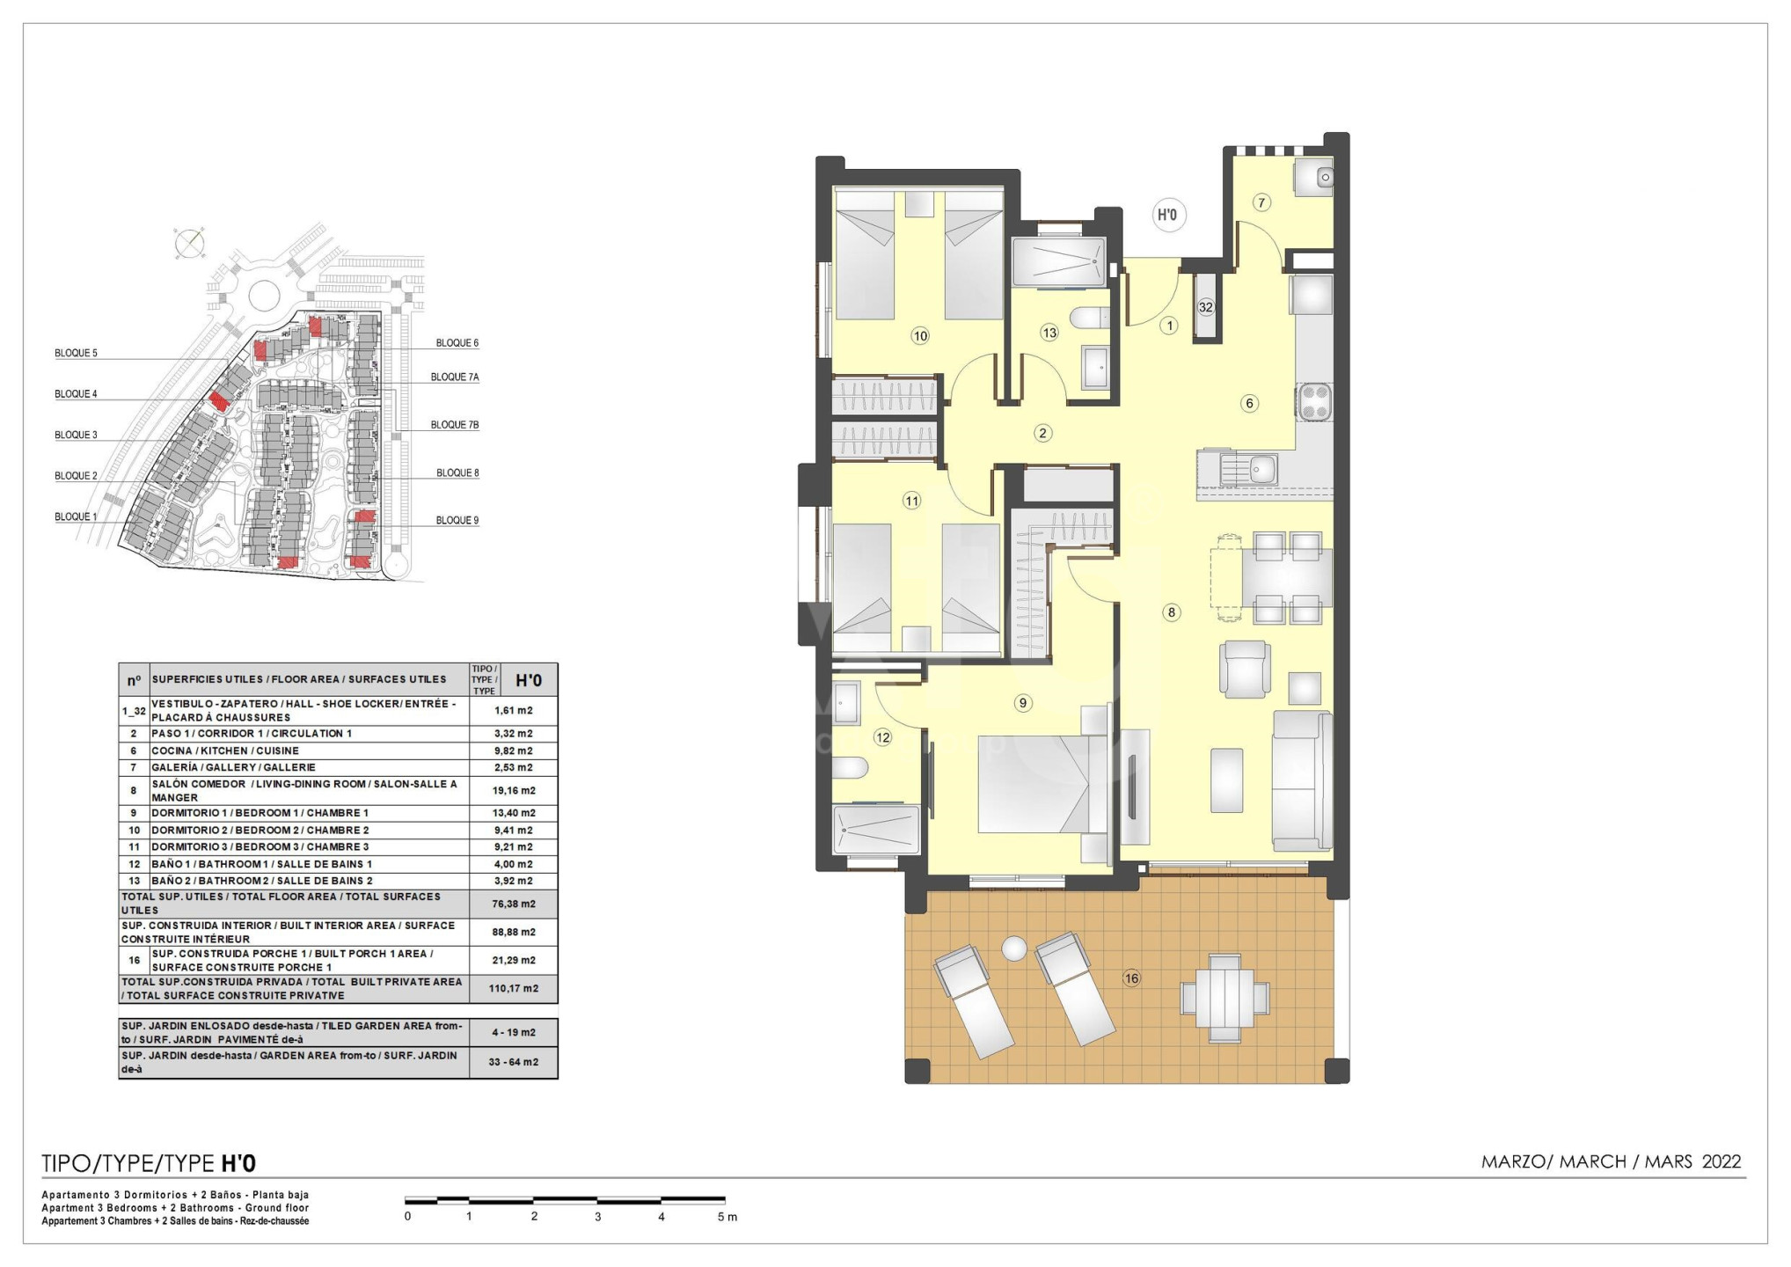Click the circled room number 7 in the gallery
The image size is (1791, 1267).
point(1261,203)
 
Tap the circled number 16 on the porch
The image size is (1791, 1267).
point(1131,978)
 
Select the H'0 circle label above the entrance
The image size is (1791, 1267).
point(1168,215)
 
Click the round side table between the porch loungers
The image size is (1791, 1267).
point(1014,948)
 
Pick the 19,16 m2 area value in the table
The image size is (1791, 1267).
point(514,790)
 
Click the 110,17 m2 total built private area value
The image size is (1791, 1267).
point(514,988)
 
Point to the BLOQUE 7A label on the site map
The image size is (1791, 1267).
point(455,377)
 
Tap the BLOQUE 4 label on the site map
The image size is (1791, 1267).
point(76,394)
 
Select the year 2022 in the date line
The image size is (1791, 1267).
point(1722,1161)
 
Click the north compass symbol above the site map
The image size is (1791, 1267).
point(188,243)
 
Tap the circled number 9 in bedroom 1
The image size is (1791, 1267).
point(1022,703)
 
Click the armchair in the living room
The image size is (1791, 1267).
point(1245,668)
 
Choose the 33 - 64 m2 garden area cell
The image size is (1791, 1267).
point(514,1062)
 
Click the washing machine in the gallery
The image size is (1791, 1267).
point(1313,177)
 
